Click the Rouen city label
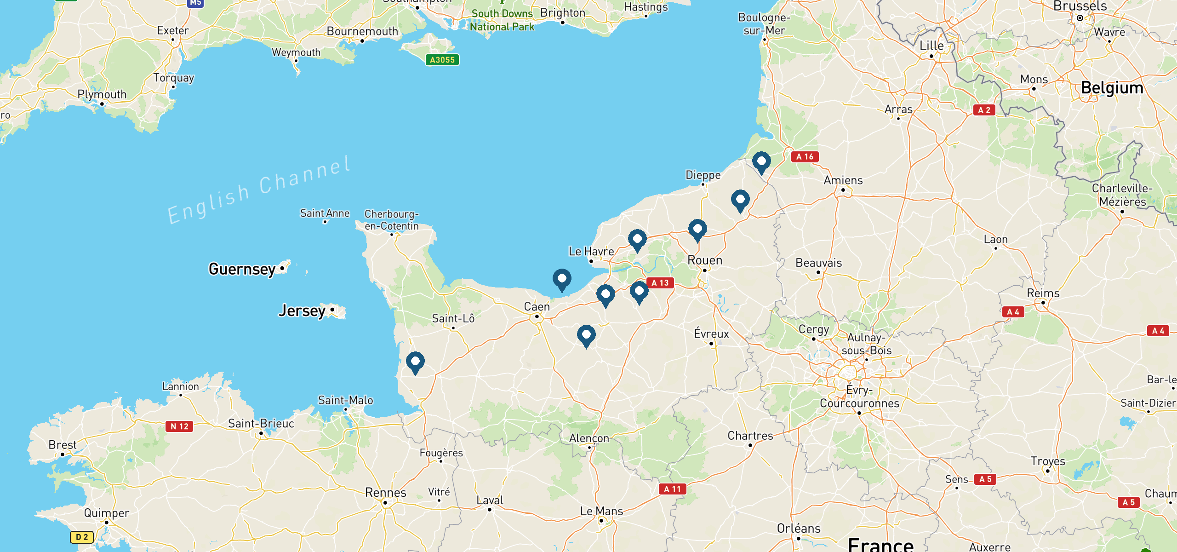(x=705, y=261)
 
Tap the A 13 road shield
(x=660, y=283)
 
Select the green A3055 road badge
(x=442, y=60)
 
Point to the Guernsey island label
(x=242, y=269)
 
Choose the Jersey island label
(x=302, y=311)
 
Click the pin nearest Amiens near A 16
(x=761, y=162)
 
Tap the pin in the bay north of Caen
(x=562, y=279)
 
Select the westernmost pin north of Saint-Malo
(x=415, y=362)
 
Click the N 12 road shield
(x=179, y=426)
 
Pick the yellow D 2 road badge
(x=82, y=537)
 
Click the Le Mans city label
(x=601, y=512)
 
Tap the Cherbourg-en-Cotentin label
(x=391, y=220)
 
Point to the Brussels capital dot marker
(x=1080, y=18)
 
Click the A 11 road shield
(x=672, y=489)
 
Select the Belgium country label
(x=1112, y=88)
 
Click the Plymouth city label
(x=102, y=94)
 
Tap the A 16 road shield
(x=805, y=156)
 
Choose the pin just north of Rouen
(x=697, y=229)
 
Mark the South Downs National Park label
(x=502, y=20)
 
